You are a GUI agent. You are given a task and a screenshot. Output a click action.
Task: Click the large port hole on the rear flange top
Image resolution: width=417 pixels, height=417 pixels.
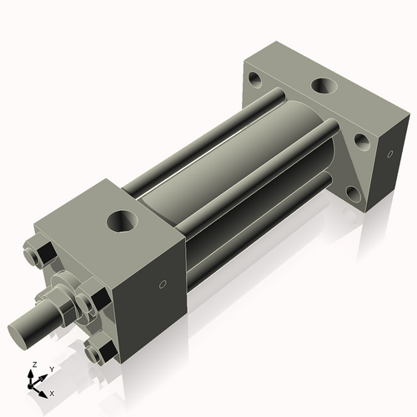(x=323, y=86)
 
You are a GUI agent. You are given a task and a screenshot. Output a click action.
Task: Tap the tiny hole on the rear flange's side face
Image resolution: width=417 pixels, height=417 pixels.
(x=390, y=154)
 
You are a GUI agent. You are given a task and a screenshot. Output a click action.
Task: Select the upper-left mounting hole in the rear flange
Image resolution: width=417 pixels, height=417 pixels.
(x=254, y=82)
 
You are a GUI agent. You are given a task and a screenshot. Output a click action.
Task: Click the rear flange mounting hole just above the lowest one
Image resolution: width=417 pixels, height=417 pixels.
(x=362, y=141)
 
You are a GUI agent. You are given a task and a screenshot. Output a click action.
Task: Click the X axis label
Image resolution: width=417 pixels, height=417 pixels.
(x=53, y=392)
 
